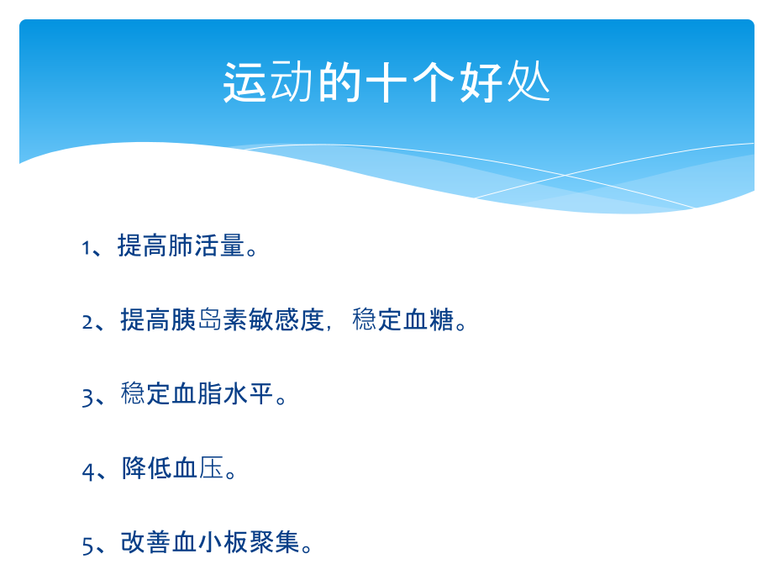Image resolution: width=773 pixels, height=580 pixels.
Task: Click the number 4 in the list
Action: [88, 470]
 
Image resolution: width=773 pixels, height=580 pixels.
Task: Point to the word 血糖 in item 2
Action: [429, 320]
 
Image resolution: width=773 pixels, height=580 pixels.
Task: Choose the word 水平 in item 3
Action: [249, 393]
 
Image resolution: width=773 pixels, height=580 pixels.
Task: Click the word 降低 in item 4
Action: [147, 468]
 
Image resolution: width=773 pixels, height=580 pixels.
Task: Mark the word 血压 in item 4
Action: [198, 468]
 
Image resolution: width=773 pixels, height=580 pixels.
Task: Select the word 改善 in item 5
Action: [147, 542]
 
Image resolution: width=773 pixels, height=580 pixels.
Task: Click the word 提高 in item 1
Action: [143, 247]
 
